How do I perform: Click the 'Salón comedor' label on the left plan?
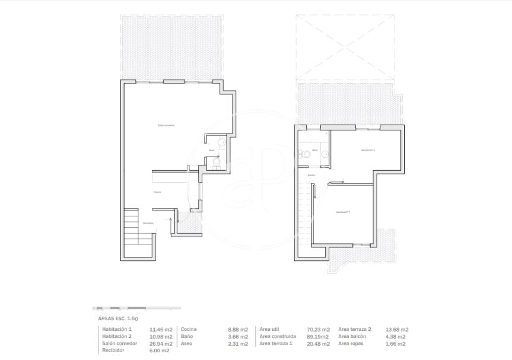click(x=166, y=125)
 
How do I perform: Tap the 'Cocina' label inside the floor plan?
click(x=157, y=192)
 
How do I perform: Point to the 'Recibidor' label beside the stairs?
click(x=148, y=223)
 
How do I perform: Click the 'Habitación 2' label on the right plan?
click(x=368, y=150)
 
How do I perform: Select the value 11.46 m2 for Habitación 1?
click(x=161, y=329)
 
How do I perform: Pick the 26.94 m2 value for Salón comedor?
click(x=161, y=343)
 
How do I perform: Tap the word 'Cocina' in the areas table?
click(x=189, y=329)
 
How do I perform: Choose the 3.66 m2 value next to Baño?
click(x=238, y=336)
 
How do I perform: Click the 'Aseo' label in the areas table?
click(x=186, y=343)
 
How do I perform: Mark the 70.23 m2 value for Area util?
click(x=318, y=329)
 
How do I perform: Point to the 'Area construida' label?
click(x=278, y=336)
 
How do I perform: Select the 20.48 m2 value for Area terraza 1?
click(x=318, y=343)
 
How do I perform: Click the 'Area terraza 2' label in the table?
click(x=355, y=329)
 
